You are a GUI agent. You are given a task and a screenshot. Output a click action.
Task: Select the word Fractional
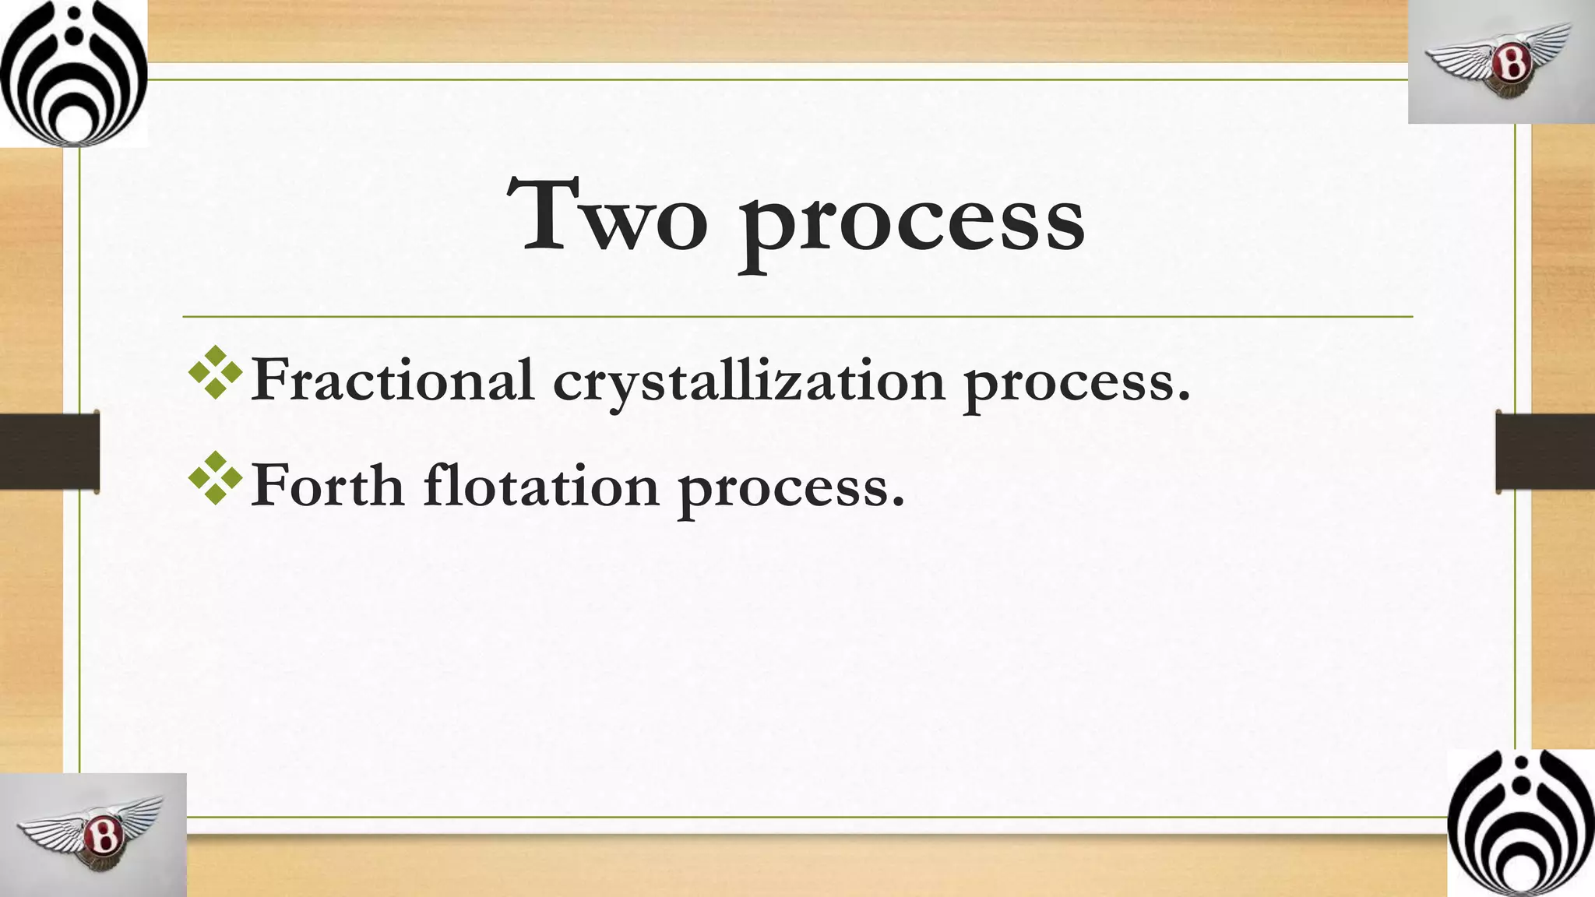pyautogui.click(x=393, y=380)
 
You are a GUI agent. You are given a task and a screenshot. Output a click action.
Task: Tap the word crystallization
pyautogui.click(x=748, y=382)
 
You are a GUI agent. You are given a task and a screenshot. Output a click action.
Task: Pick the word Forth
pyautogui.click(x=328, y=485)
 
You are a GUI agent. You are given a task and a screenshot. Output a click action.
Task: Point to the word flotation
pyautogui.click(x=541, y=485)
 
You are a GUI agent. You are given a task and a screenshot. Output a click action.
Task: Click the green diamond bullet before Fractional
pyautogui.click(x=216, y=373)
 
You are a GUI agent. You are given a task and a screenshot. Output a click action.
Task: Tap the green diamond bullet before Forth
pyautogui.click(x=216, y=478)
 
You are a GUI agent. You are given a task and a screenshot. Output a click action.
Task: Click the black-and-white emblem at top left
pyautogui.click(x=73, y=73)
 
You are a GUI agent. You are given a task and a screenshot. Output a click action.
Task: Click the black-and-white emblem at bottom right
pyautogui.click(x=1520, y=823)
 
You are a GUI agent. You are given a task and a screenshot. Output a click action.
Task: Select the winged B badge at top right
pyautogui.click(x=1501, y=62)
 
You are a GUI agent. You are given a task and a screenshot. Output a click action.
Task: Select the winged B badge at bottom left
pyautogui.click(x=93, y=834)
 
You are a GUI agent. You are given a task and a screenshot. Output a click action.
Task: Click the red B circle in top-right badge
pyautogui.click(x=1512, y=64)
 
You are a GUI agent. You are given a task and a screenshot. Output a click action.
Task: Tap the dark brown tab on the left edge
pyautogui.click(x=49, y=452)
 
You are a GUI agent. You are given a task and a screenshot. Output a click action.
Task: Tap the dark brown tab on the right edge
pyautogui.click(x=1545, y=452)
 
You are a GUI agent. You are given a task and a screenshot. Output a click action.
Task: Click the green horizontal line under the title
pyautogui.click(x=797, y=317)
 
